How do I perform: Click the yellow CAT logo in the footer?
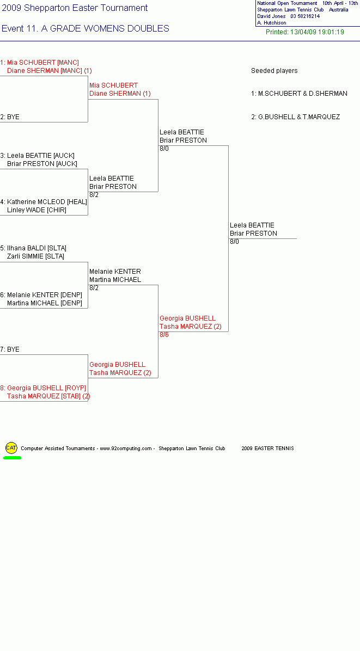(x=11, y=447)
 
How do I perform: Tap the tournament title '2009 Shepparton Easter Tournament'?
(x=75, y=8)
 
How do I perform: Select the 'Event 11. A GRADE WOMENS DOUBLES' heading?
(x=86, y=29)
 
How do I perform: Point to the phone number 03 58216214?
(x=305, y=16)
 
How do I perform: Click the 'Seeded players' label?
(x=274, y=71)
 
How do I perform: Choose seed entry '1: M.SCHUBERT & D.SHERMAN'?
(x=300, y=94)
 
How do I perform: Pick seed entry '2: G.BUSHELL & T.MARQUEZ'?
(x=296, y=117)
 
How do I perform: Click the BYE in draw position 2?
(x=13, y=117)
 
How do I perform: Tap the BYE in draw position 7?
(x=13, y=349)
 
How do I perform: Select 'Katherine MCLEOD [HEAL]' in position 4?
(x=47, y=202)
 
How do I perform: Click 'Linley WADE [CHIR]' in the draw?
(x=36, y=210)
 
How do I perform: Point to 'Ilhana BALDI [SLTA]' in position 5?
(x=36, y=248)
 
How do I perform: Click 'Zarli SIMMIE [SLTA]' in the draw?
(x=36, y=256)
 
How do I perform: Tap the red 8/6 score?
(x=164, y=335)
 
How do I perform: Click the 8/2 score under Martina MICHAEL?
(x=94, y=288)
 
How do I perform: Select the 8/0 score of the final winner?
(x=234, y=242)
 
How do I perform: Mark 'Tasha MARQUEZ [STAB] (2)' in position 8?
(x=48, y=396)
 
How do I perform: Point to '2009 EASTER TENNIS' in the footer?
(x=268, y=449)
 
